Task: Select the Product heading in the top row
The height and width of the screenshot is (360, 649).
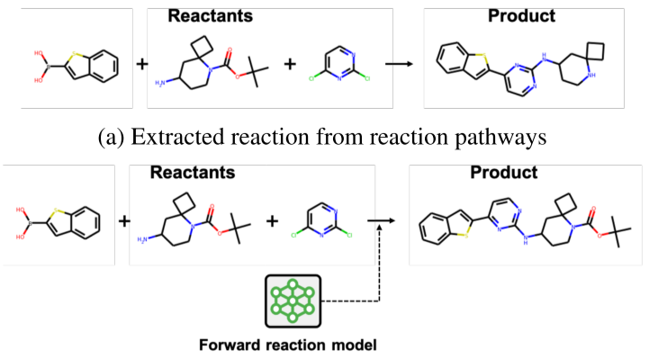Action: (x=521, y=16)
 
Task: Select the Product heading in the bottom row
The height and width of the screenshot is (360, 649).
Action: (x=503, y=171)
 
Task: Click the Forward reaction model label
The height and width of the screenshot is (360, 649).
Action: (x=287, y=344)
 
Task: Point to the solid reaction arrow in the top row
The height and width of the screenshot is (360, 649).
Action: (x=399, y=65)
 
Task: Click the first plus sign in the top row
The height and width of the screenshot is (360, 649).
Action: (x=142, y=65)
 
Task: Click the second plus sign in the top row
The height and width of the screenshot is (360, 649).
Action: (x=290, y=65)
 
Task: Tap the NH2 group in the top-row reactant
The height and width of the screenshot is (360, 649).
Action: (x=161, y=84)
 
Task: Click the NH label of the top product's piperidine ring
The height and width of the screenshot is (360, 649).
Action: (x=590, y=89)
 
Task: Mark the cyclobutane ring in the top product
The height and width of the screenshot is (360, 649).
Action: (x=595, y=50)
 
